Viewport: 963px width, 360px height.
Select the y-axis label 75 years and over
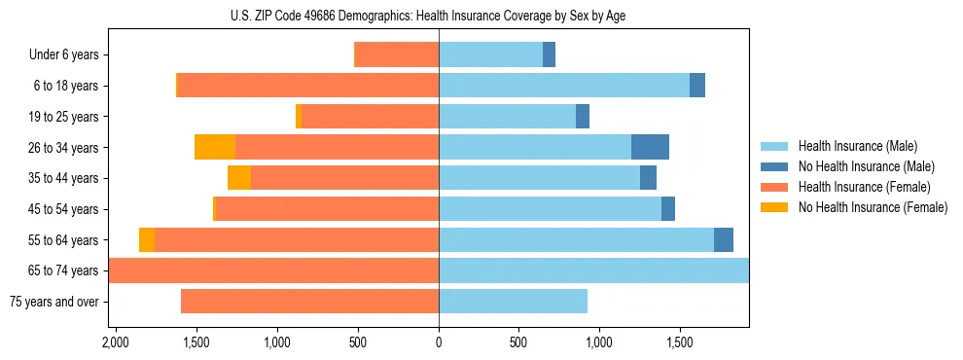tap(53, 302)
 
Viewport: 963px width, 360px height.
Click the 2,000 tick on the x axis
tap(116, 342)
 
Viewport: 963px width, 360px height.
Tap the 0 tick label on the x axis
tap(439, 342)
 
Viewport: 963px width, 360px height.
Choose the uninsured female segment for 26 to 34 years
tap(215, 147)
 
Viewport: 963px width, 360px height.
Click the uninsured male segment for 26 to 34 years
tap(650, 147)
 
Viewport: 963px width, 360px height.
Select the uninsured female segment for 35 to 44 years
tap(239, 178)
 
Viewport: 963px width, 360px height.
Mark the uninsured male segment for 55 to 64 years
tap(724, 239)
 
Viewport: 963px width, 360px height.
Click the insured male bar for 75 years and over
tap(513, 302)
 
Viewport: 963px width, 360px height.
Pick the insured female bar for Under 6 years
tap(397, 55)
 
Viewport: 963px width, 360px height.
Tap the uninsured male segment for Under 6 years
tap(549, 55)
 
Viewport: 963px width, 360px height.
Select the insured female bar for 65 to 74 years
tap(273, 270)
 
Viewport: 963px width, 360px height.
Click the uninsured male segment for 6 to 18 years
tap(697, 86)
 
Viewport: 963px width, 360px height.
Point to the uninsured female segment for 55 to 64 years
tap(147, 239)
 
